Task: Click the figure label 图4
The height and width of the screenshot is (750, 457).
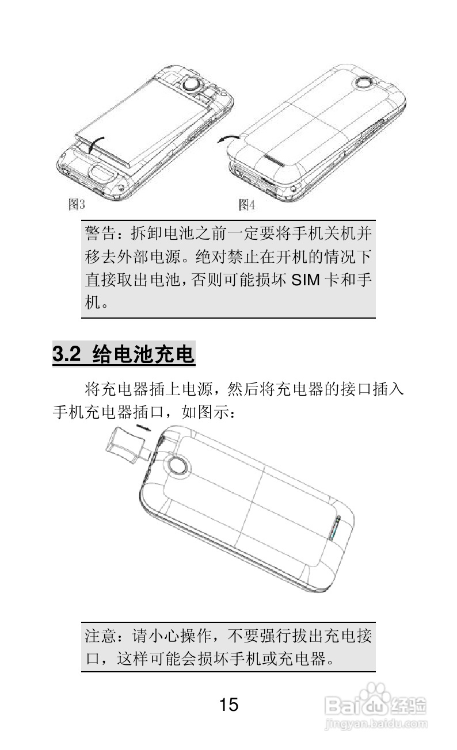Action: (247, 204)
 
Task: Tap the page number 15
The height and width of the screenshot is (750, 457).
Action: (228, 705)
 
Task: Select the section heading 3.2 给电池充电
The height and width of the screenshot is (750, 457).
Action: (124, 353)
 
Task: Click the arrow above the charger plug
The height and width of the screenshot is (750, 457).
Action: (144, 427)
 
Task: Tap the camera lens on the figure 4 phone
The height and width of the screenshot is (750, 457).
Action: (364, 84)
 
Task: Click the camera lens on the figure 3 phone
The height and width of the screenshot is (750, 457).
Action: (192, 85)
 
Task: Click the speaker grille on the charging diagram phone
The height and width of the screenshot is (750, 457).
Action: (335, 527)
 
